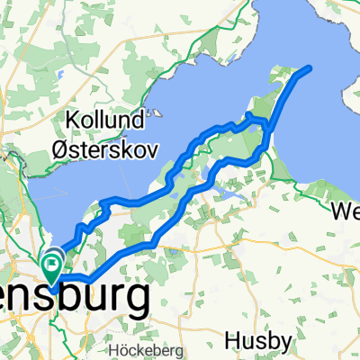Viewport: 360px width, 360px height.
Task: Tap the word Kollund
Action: coord(106,119)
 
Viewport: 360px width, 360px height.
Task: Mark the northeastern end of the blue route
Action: coord(310,68)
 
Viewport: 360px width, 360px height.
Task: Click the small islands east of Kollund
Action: coord(157,114)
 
